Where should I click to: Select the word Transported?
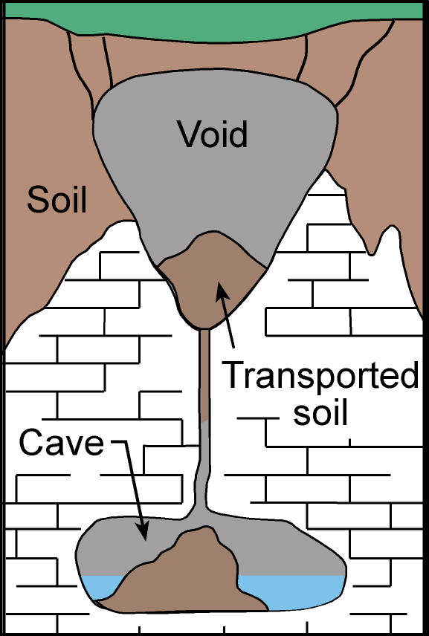pos(320,374)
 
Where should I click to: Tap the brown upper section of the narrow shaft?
pos(205,375)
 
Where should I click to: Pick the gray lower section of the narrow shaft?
pos(203,467)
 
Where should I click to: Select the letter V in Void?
pos(189,134)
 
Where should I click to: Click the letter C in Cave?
pos(31,443)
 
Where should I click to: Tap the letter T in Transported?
pos(235,376)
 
